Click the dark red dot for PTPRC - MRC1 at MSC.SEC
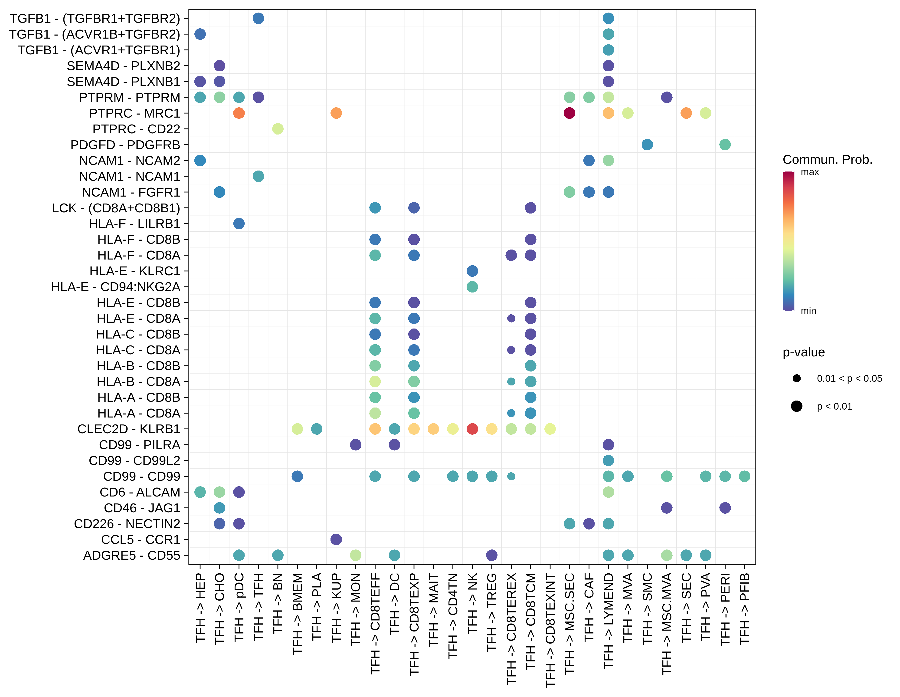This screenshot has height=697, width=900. point(569,113)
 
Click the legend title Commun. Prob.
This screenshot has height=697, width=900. point(827,160)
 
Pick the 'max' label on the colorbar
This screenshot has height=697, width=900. point(809,172)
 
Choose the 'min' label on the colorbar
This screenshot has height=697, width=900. point(808,311)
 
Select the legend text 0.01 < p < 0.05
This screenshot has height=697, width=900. point(849,378)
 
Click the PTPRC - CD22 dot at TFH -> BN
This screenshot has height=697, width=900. point(278,129)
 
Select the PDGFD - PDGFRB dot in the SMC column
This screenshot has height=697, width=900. point(647,145)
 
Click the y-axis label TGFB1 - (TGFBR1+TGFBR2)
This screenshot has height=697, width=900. point(95,19)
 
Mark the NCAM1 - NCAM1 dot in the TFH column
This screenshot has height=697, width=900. point(258,176)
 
